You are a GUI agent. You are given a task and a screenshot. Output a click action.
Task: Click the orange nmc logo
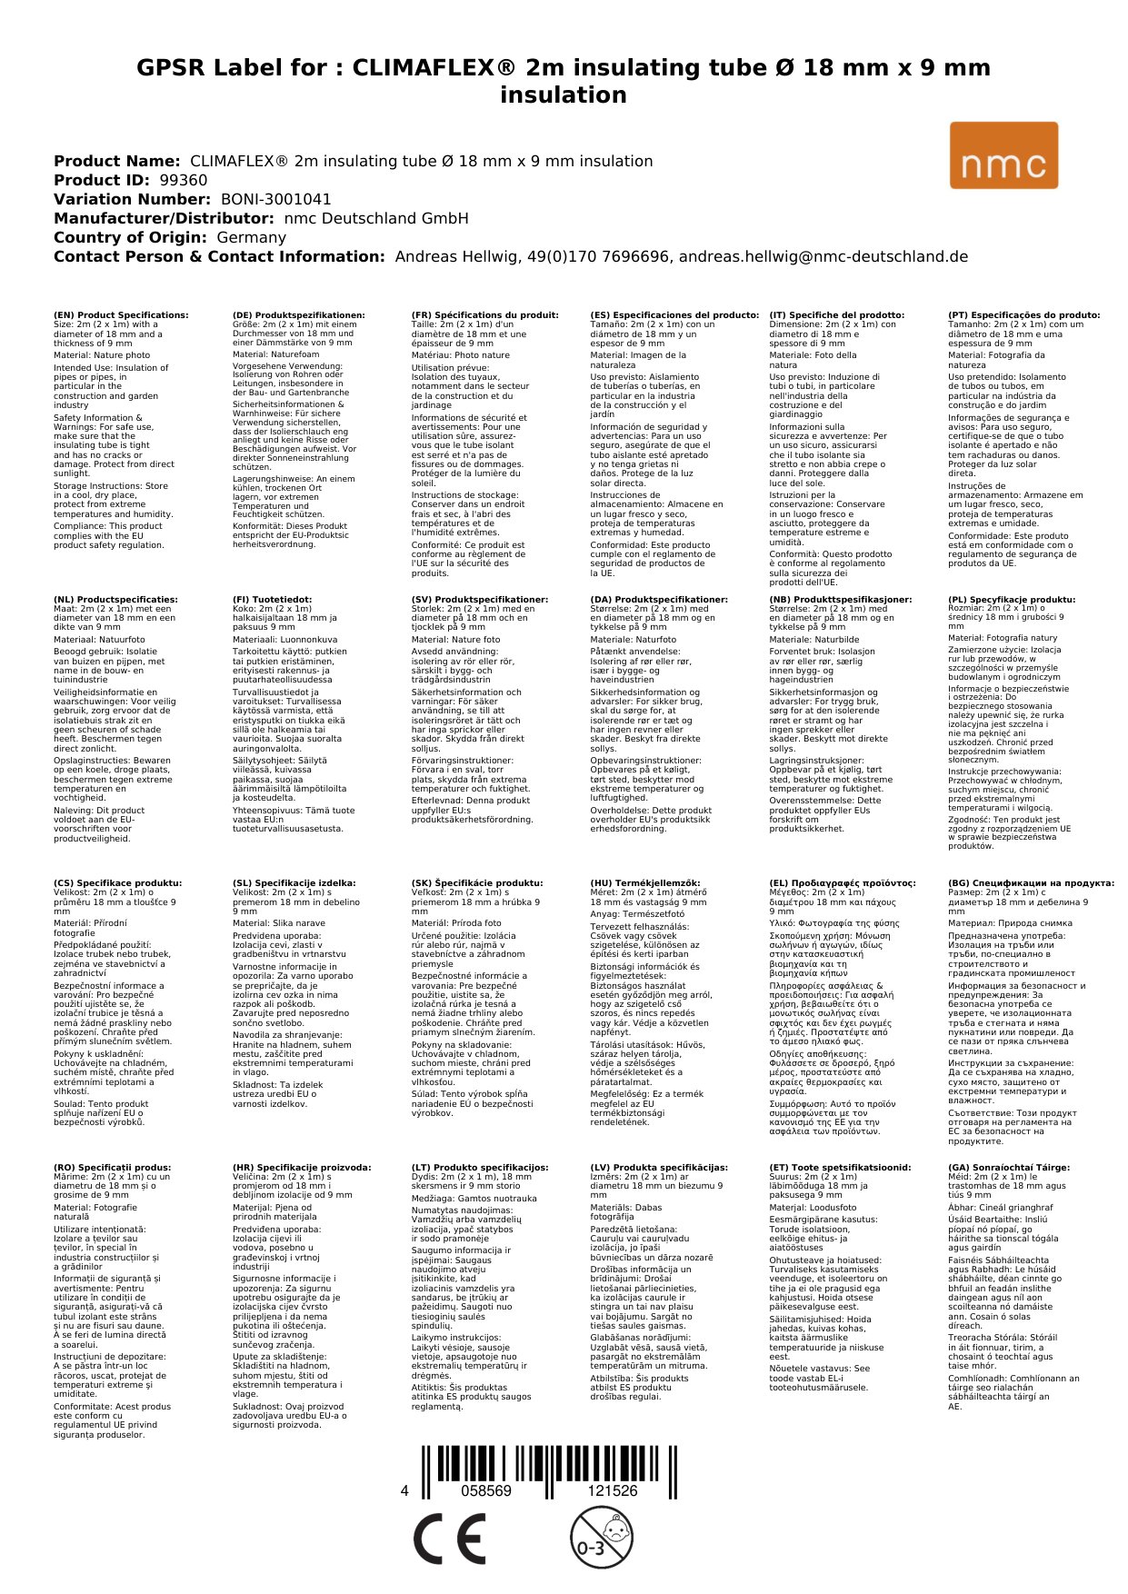1003,155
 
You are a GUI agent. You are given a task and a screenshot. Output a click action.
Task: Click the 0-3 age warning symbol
601,1537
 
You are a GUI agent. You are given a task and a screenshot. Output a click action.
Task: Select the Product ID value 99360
184,180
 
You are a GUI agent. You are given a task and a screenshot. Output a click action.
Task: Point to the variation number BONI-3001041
276,199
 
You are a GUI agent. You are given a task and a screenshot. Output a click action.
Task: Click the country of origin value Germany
252,237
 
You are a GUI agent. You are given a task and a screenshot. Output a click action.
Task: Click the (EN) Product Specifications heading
121,315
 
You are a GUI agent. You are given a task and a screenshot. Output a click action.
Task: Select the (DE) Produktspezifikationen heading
299,315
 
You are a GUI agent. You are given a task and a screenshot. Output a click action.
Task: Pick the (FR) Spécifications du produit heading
485,315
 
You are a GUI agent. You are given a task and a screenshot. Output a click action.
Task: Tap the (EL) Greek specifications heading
843,882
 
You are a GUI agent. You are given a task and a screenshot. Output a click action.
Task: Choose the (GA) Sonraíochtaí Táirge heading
996,1167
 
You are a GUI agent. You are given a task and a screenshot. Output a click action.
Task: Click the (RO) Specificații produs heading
112,1167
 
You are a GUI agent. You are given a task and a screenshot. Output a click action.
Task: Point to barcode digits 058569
486,1490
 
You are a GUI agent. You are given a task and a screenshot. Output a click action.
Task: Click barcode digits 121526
613,1490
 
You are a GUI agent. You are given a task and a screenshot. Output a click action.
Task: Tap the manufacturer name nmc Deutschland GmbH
376,218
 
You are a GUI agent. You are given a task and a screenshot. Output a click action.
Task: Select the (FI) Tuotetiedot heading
273,600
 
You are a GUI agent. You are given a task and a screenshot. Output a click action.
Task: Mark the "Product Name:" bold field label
117,161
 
